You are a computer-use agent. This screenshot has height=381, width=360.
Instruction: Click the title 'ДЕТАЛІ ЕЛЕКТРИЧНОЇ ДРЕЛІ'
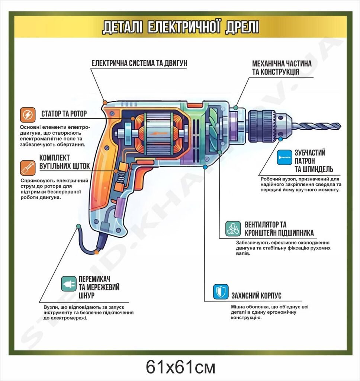pos(180,27)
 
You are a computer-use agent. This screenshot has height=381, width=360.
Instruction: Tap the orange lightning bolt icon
pos(28,115)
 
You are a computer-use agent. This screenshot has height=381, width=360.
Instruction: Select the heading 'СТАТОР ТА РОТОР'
pos(64,114)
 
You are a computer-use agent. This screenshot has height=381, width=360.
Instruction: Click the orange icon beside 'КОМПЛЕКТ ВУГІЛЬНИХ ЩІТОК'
pos(28,168)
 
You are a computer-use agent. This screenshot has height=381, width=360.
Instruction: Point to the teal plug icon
pos(69,284)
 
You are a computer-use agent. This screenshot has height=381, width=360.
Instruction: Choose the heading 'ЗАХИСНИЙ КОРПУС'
pos(256,295)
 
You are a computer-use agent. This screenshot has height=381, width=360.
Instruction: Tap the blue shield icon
pos(221,292)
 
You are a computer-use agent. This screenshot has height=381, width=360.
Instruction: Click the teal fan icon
pos(233,229)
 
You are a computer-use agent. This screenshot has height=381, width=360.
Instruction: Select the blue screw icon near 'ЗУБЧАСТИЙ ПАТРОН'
pos(285,157)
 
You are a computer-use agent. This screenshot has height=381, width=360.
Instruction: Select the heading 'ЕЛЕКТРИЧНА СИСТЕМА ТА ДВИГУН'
pos(139,63)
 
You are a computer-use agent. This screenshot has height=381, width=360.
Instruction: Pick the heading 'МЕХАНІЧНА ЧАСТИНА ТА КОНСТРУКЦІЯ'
pos(282,68)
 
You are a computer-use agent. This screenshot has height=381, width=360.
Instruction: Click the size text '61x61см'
pos(180,367)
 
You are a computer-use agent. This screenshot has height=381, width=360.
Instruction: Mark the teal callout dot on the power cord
pos(78,226)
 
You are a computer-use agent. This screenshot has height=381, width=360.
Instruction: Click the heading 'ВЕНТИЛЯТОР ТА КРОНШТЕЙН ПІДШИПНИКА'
pos(279,229)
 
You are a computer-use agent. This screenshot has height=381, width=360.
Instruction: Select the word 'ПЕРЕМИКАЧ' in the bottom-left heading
pos(94,279)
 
